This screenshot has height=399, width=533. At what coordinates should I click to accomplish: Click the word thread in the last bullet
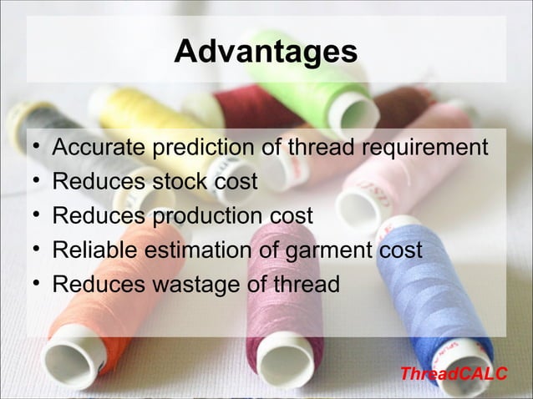coord(305,284)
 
